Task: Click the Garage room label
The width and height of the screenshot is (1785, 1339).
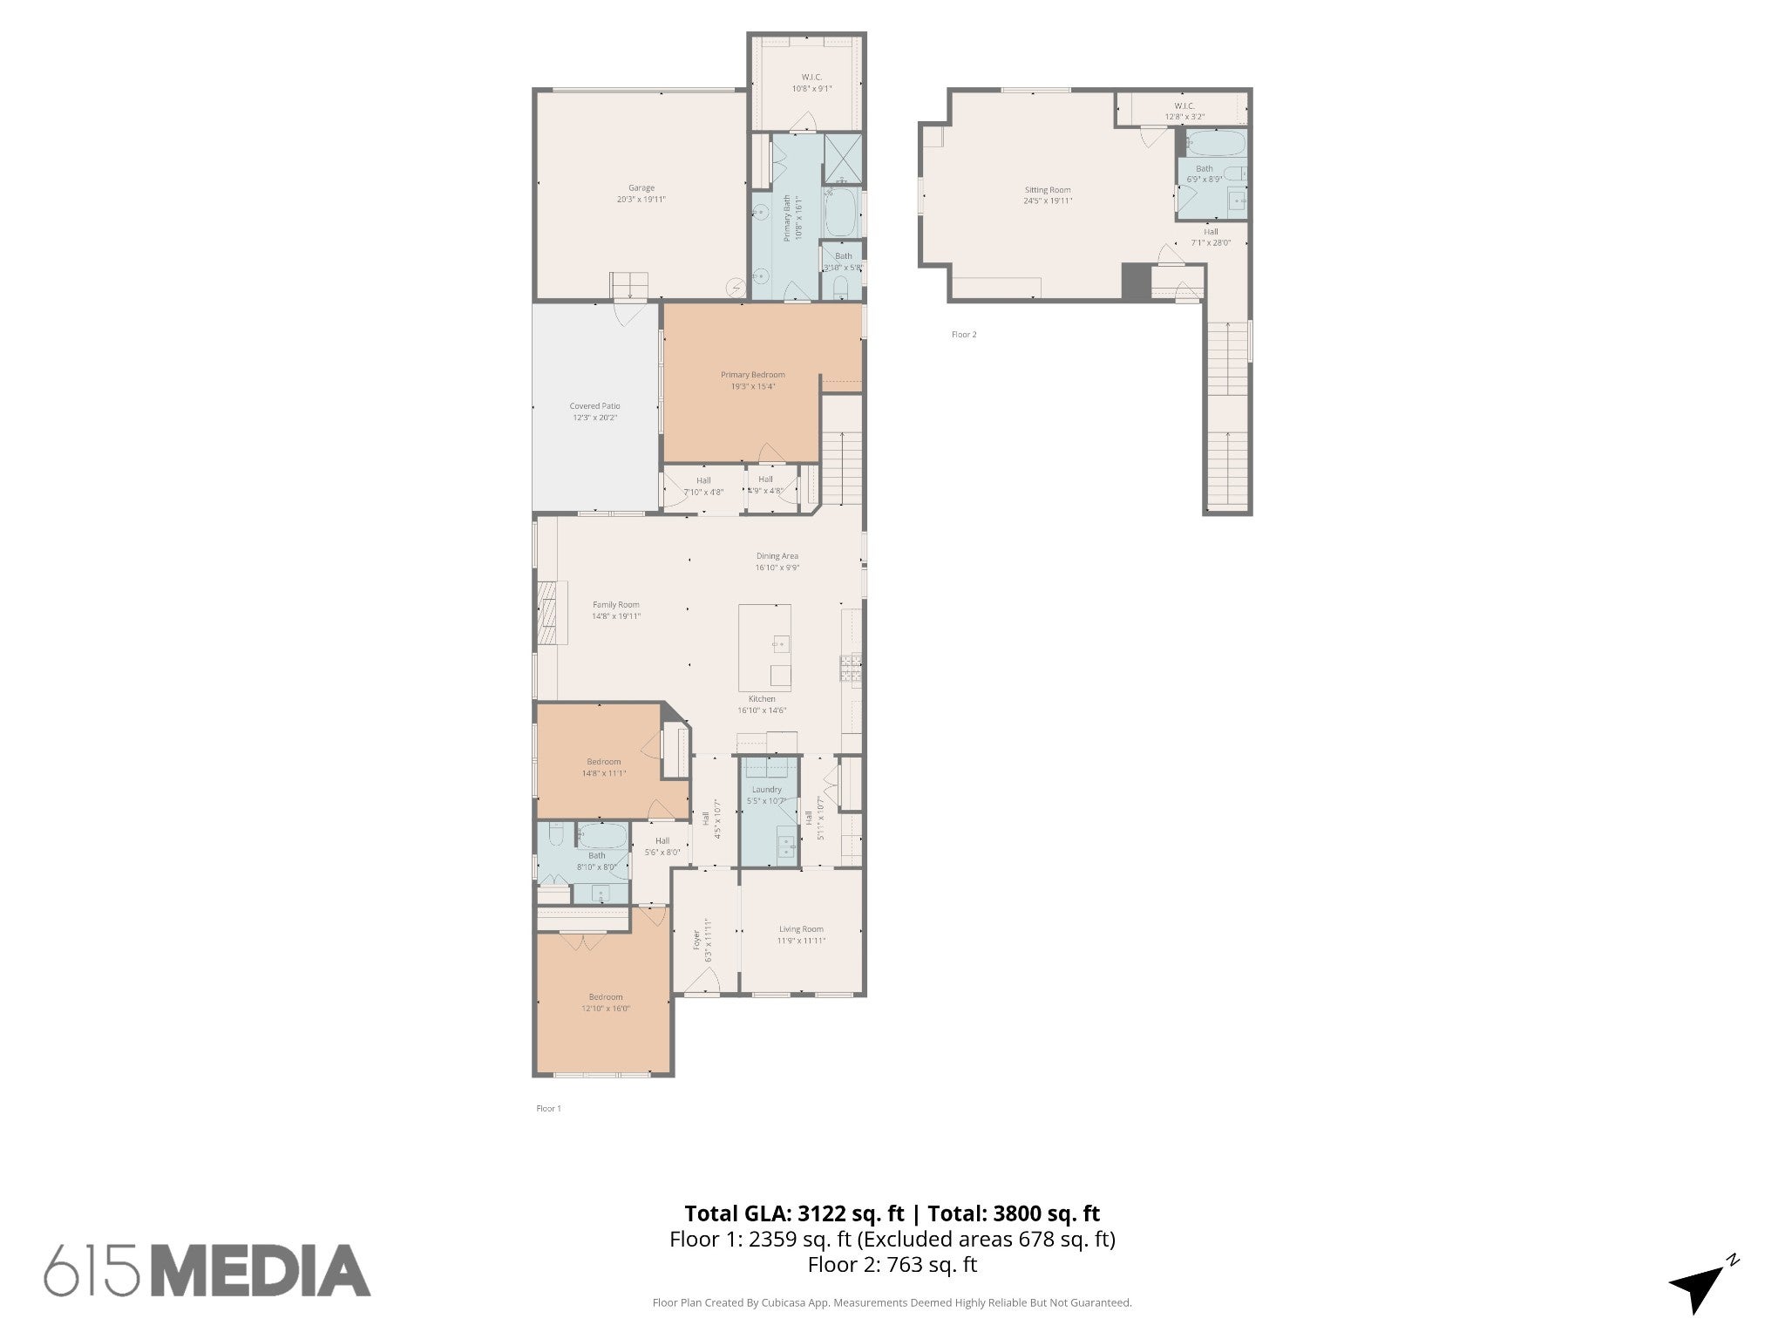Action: click(641, 187)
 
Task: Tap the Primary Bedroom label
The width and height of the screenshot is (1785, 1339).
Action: click(752, 375)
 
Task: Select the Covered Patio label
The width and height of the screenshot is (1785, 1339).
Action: click(594, 406)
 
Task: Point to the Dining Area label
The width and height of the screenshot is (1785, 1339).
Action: click(777, 556)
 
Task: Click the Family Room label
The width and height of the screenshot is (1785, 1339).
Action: click(615, 605)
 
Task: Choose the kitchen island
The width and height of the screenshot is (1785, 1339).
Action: click(764, 647)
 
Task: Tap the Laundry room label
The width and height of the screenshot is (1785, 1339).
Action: click(767, 790)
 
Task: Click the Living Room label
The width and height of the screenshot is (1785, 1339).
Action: click(801, 929)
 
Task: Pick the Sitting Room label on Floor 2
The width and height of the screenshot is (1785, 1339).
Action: click(1048, 190)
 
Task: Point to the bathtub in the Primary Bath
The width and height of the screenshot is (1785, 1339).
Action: click(841, 213)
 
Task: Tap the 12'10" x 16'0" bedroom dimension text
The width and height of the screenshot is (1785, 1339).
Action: click(606, 1009)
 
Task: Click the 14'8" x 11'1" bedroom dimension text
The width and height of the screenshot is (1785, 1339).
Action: click(604, 773)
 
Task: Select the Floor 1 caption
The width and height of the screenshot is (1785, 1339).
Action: click(548, 1109)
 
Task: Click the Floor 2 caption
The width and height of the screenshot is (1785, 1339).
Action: click(964, 335)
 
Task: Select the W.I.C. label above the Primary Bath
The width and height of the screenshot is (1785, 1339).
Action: click(811, 78)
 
